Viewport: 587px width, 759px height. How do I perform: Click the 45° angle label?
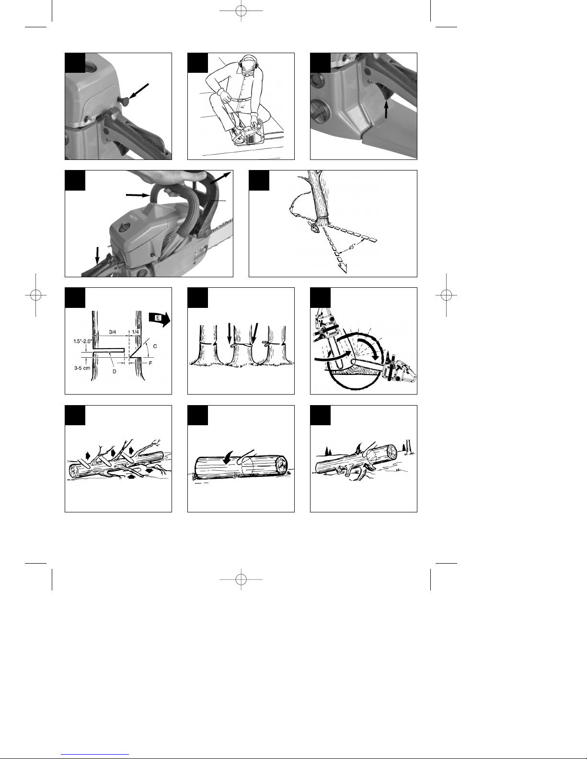(352, 247)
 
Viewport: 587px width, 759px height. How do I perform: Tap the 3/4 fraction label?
(113, 332)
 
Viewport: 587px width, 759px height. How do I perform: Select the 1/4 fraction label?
(135, 332)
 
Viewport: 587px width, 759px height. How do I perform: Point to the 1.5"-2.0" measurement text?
(83, 341)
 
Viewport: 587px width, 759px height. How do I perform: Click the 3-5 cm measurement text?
(82, 368)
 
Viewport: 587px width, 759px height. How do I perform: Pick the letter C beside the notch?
(155, 346)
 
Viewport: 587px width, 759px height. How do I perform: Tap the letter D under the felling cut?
(114, 372)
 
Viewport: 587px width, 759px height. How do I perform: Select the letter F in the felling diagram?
(150, 363)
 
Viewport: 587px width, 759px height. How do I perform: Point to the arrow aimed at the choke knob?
(138, 91)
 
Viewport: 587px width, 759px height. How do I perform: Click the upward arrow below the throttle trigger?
(386, 108)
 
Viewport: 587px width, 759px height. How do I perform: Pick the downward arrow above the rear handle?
(97, 255)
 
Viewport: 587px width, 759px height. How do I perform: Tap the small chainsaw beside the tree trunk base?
(313, 227)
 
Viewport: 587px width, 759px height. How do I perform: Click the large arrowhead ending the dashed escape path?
(343, 268)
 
